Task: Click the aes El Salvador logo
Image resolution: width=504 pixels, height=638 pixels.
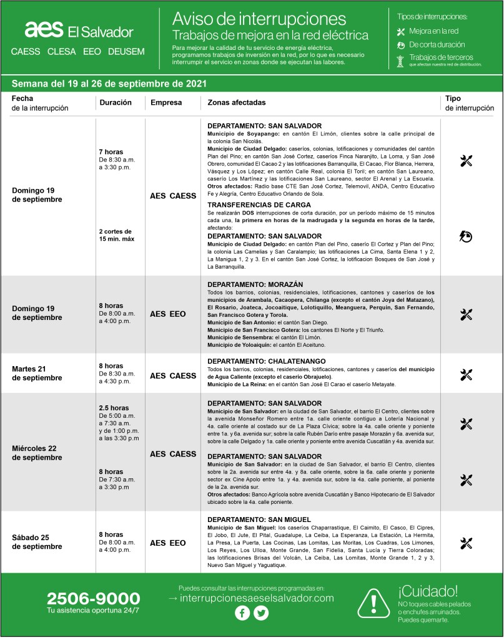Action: [x=79, y=30]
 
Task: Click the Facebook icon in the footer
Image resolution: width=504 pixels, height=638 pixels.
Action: [x=242, y=613]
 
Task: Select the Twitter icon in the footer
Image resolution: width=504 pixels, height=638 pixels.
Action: [x=261, y=613]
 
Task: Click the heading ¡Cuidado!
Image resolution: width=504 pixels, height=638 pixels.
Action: [x=427, y=590]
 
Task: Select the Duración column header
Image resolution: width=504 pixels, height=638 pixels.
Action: [x=116, y=102]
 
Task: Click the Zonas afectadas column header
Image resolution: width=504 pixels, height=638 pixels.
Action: [x=236, y=102]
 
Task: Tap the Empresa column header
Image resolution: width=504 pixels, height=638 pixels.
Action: [x=166, y=102]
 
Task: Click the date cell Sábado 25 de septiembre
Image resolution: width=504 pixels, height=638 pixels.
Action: [x=37, y=542]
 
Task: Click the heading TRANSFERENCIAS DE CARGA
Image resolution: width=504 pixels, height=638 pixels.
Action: [x=259, y=205]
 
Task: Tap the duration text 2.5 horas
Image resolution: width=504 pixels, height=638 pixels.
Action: [x=113, y=408]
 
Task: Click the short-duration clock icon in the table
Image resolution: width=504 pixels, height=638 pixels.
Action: [x=466, y=236]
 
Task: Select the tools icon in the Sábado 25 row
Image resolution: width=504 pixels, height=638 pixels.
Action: [x=466, y=543]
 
